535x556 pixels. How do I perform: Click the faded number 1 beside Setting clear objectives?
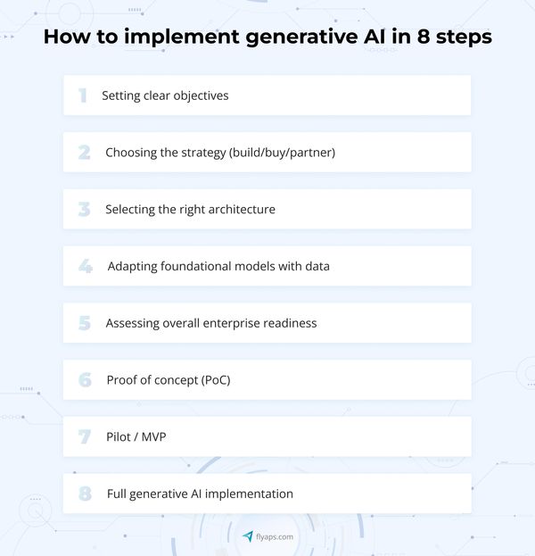pos(83,95)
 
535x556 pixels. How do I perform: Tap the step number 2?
pos(85,153)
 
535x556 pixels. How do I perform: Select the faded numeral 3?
pos(85,209)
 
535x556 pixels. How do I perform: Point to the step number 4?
pos(86,266)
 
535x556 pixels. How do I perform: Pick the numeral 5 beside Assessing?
pos(85,323)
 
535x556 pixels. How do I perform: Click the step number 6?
pos(85,380)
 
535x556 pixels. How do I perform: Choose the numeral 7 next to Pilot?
pos(85,437)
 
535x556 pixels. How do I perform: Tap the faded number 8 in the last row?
pos(85,494)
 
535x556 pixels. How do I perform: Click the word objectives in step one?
pos(201,96)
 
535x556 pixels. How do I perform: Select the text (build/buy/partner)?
pos(282,153)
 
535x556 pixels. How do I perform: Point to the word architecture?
pos(242,209)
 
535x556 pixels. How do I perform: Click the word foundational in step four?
pos(196,266)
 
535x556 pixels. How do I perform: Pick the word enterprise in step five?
pos(231,324)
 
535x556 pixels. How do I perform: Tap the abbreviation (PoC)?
pos(216,380)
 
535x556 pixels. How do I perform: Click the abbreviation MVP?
pos(153,437)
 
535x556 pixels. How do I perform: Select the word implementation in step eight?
pos(249,494)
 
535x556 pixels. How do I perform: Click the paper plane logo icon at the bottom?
pos(248,536)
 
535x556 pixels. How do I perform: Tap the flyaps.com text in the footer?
pos(275,537)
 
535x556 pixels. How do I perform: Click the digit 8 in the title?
pos(424,37)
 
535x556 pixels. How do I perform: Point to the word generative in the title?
pos(301,37)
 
